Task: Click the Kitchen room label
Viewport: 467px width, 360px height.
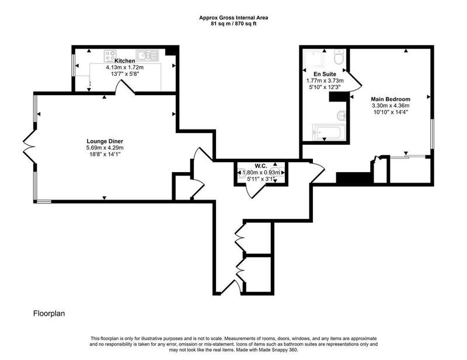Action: [125, 61]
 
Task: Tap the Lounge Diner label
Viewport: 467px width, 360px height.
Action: [105, 141]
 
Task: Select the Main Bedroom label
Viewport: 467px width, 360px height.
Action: [391, 99]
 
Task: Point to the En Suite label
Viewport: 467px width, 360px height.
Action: [325, 74]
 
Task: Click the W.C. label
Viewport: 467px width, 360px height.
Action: [260, 166]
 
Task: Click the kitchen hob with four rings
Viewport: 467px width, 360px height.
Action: [110, 55]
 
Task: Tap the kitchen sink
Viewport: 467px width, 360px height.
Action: [147, 55]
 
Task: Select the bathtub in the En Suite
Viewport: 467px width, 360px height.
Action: [329, 132]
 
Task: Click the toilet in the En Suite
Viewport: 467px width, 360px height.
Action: [339, 57]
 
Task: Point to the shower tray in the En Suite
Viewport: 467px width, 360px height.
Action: [313, 58]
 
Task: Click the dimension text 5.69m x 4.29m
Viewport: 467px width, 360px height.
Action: [105, 148]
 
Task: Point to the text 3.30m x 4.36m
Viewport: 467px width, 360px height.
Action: [391, 106]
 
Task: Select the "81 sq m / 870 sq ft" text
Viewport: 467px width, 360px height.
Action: [233, 24]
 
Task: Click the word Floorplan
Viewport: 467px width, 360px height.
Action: [49, 313]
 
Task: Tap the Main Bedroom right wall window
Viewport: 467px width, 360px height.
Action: [432, 134]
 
